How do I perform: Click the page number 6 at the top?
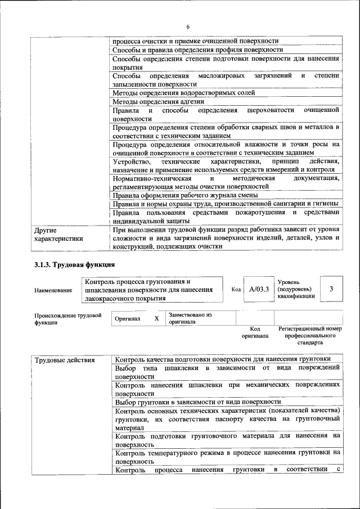pos(188,27)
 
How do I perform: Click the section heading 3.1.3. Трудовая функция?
pos(75,264)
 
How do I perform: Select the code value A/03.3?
pos(259,289)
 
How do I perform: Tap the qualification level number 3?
pos(331,289)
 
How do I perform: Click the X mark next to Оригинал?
pos(156,318)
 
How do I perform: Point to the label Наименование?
pos(53,290)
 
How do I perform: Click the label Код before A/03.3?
pos(236,290)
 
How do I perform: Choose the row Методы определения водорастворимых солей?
pos(184,93)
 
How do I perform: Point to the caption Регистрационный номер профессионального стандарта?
pos(310,335)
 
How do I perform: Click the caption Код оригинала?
pos(255,332)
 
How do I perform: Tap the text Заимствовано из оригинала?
pos(190,318)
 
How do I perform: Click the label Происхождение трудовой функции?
pos(67,319)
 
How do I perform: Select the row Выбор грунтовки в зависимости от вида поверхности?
pos(197,402)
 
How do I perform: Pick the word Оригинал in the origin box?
pos(127,319)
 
